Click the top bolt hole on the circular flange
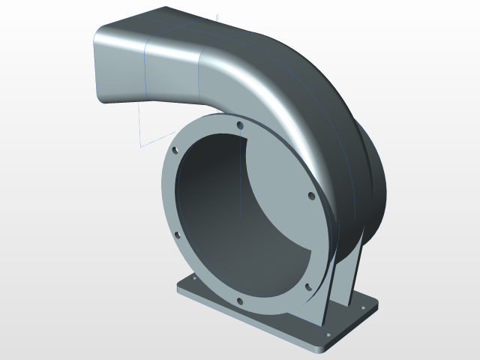point(239,125)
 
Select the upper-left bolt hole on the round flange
point(175,150)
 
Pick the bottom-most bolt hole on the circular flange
point(240,301)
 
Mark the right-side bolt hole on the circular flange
point(310,197)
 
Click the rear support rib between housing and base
point(357,270)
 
